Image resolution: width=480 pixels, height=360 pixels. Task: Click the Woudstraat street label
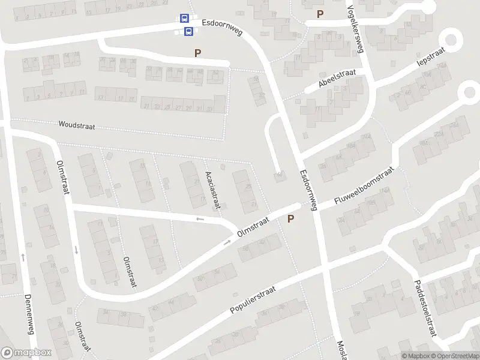point(77,126)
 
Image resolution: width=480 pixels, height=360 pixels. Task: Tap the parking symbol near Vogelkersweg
point(320,14)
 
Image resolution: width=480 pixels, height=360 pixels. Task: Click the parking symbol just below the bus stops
point(197,53)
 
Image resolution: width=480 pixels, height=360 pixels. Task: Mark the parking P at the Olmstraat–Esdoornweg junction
point(291,220)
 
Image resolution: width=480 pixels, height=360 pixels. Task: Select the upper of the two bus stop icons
point(184,19)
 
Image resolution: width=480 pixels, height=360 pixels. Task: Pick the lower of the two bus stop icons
point(188,31)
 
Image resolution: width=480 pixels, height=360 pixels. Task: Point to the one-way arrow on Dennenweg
point(23,257)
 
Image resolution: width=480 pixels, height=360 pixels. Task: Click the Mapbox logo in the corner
point(26,353)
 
